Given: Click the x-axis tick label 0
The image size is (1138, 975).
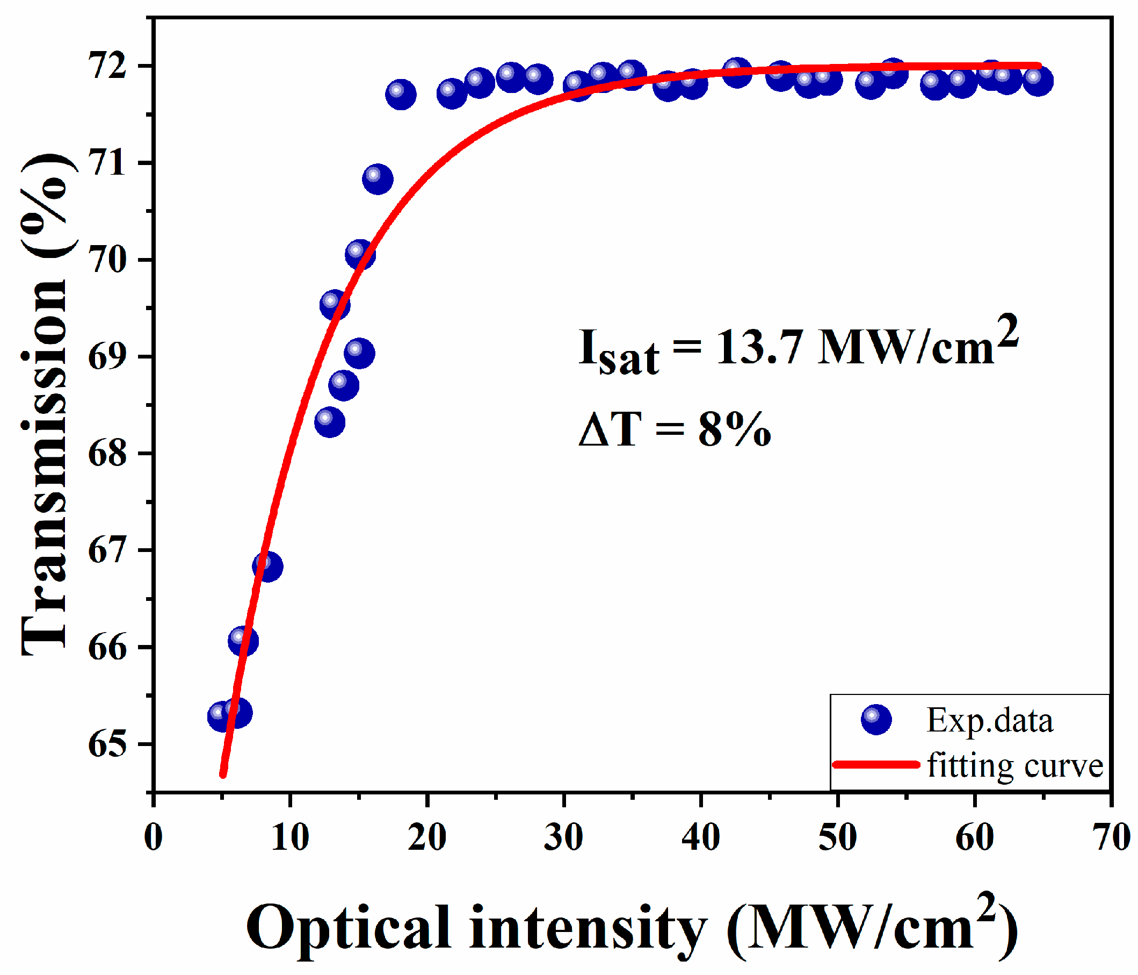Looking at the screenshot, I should tap(153, 837).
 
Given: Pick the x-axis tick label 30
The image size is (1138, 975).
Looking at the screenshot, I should tap(563, 837).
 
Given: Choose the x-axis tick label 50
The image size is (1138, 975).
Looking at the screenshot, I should tap(838, 837).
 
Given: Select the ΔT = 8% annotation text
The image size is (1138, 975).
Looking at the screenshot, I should tap(675, 429).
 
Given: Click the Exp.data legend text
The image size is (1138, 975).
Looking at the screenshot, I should tap(989, 721).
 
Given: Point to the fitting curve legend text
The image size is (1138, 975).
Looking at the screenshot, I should tap(1015, 765).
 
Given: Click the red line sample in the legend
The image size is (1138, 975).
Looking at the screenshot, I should tap(876, 764).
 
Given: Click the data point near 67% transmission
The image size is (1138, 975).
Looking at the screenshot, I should tap(267, 566).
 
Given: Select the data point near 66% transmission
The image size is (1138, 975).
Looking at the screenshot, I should tap(243, 641).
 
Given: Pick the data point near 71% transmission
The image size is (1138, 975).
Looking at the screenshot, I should tap(378, 178).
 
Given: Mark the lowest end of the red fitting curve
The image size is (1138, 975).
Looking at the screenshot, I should tap(223, 775).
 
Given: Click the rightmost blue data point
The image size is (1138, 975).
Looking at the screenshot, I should tap(1038, 81).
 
